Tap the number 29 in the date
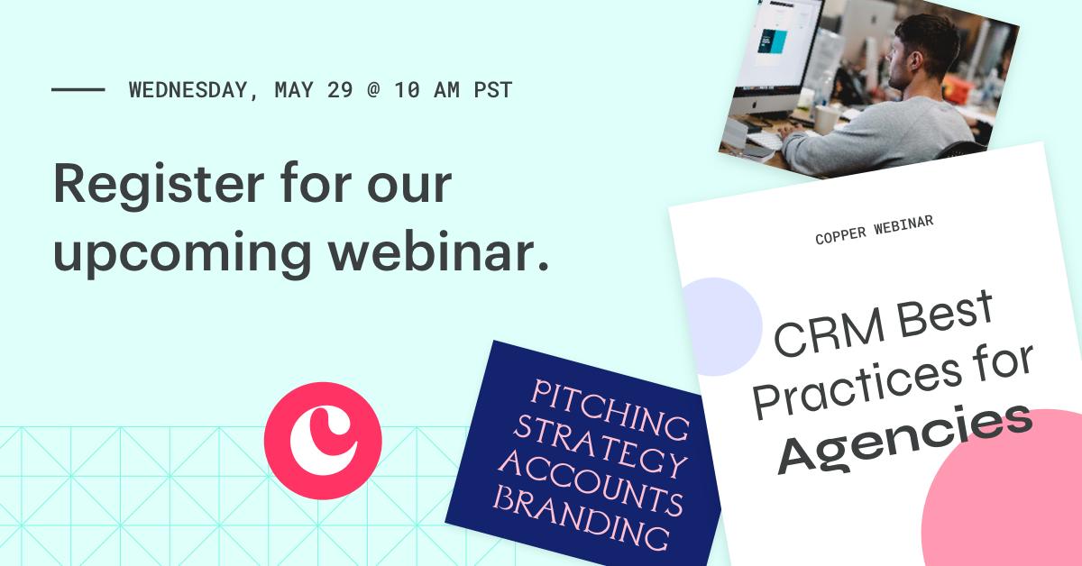pos(340,90)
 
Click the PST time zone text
pos(493,90)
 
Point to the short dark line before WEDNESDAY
pos(78,90)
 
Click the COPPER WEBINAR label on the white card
pos(874,231)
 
